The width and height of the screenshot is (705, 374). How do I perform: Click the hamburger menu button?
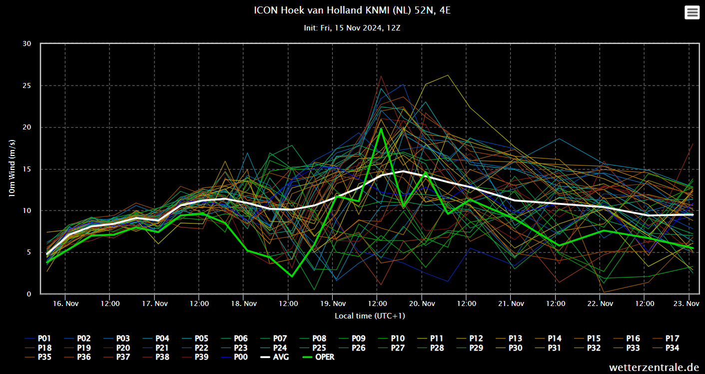tap(693, 12)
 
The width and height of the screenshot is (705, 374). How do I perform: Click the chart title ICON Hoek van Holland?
tap(352, 10)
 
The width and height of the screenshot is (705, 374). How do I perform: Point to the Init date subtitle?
tap(352, 28)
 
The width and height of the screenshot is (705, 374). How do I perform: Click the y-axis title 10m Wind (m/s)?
tap(12, 168)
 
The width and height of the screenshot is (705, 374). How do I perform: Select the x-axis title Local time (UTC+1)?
tap(370, 316)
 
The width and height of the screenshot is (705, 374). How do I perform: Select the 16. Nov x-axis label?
tap(65, 303)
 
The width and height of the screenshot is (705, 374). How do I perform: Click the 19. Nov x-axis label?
tap(333, 303)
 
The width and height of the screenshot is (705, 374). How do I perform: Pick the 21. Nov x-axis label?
tap(511, 303)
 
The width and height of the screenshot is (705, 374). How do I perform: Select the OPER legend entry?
tap(318, 357)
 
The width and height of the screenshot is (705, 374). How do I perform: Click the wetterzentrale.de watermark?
tap(654, 367)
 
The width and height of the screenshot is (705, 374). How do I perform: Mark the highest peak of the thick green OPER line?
tap(381, 128)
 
